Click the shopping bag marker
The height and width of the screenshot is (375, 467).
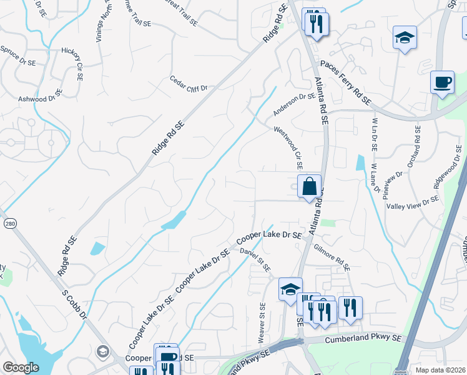[x=309, y=186]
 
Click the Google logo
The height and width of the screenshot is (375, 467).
[x=21, y=367]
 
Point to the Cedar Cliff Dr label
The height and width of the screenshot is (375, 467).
[x=188, y=84]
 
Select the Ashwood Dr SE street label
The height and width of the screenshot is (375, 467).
[x=40, y=96]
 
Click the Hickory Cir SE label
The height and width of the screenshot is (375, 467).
[x=72, y=64]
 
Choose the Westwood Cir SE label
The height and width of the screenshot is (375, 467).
[x=288, y=148]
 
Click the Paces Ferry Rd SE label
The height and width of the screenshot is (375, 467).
[x=345, y=82]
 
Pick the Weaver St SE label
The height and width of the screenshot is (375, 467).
[x=262, y=322]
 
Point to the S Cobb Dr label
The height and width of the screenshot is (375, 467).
[x=74, y=305]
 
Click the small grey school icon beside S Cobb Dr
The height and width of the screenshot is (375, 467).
[x=102, y=352]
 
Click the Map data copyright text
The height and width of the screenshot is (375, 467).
[x=441, y=370]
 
